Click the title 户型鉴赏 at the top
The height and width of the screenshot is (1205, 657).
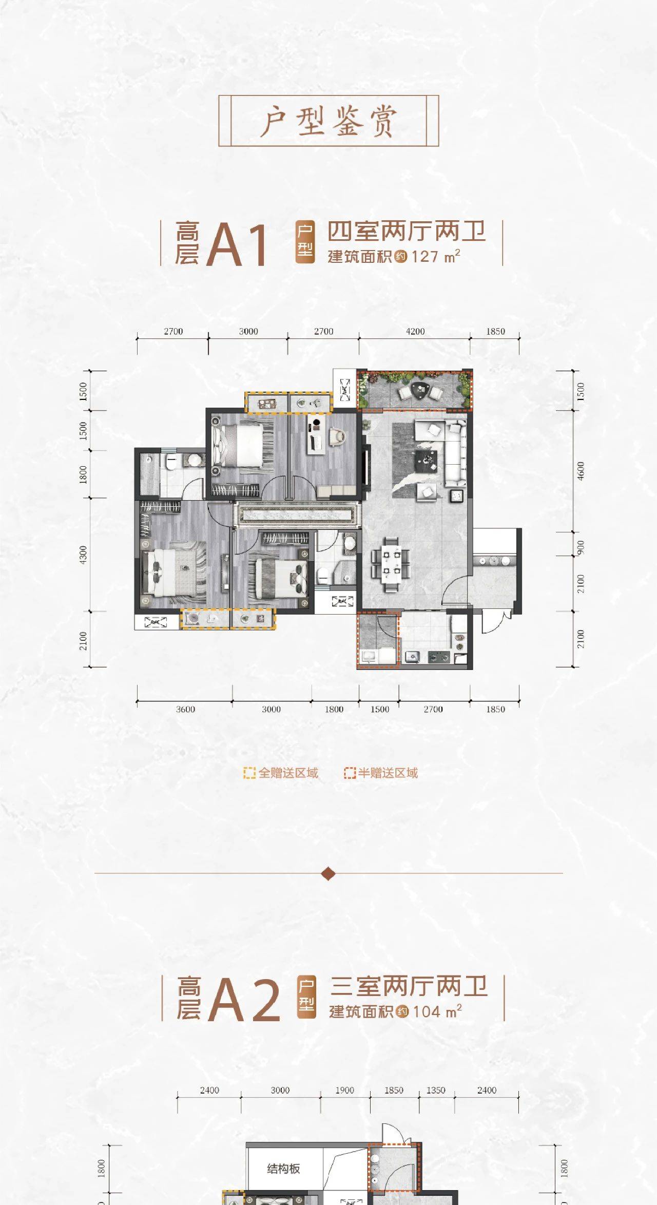click(x=328, y=121)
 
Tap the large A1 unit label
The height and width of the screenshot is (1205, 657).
click(x=237, y=244)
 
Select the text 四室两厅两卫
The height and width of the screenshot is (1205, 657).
click(x=406, y=232)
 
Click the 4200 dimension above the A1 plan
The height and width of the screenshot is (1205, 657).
click(x=415, y=331)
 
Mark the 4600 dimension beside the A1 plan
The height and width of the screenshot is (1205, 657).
click(x=581, y=471)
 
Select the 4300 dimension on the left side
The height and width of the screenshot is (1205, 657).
click(x=83, y=555)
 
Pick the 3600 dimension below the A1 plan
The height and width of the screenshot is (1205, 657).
click(x=185, y=709)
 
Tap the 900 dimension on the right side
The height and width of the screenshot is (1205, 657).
click(x=581, y=547)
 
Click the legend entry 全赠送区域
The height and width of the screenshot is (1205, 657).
click(x=281, y=773)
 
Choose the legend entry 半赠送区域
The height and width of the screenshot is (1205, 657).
click(x=381, y=773)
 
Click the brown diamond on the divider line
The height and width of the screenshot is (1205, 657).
click(x=328, y=873)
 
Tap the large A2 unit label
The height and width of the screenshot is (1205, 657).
click(x=244, y=999)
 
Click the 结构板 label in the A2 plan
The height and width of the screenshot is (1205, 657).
click(x=283, y=1169)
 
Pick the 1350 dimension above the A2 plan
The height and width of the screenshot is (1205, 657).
click(x=436, y=1090)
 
